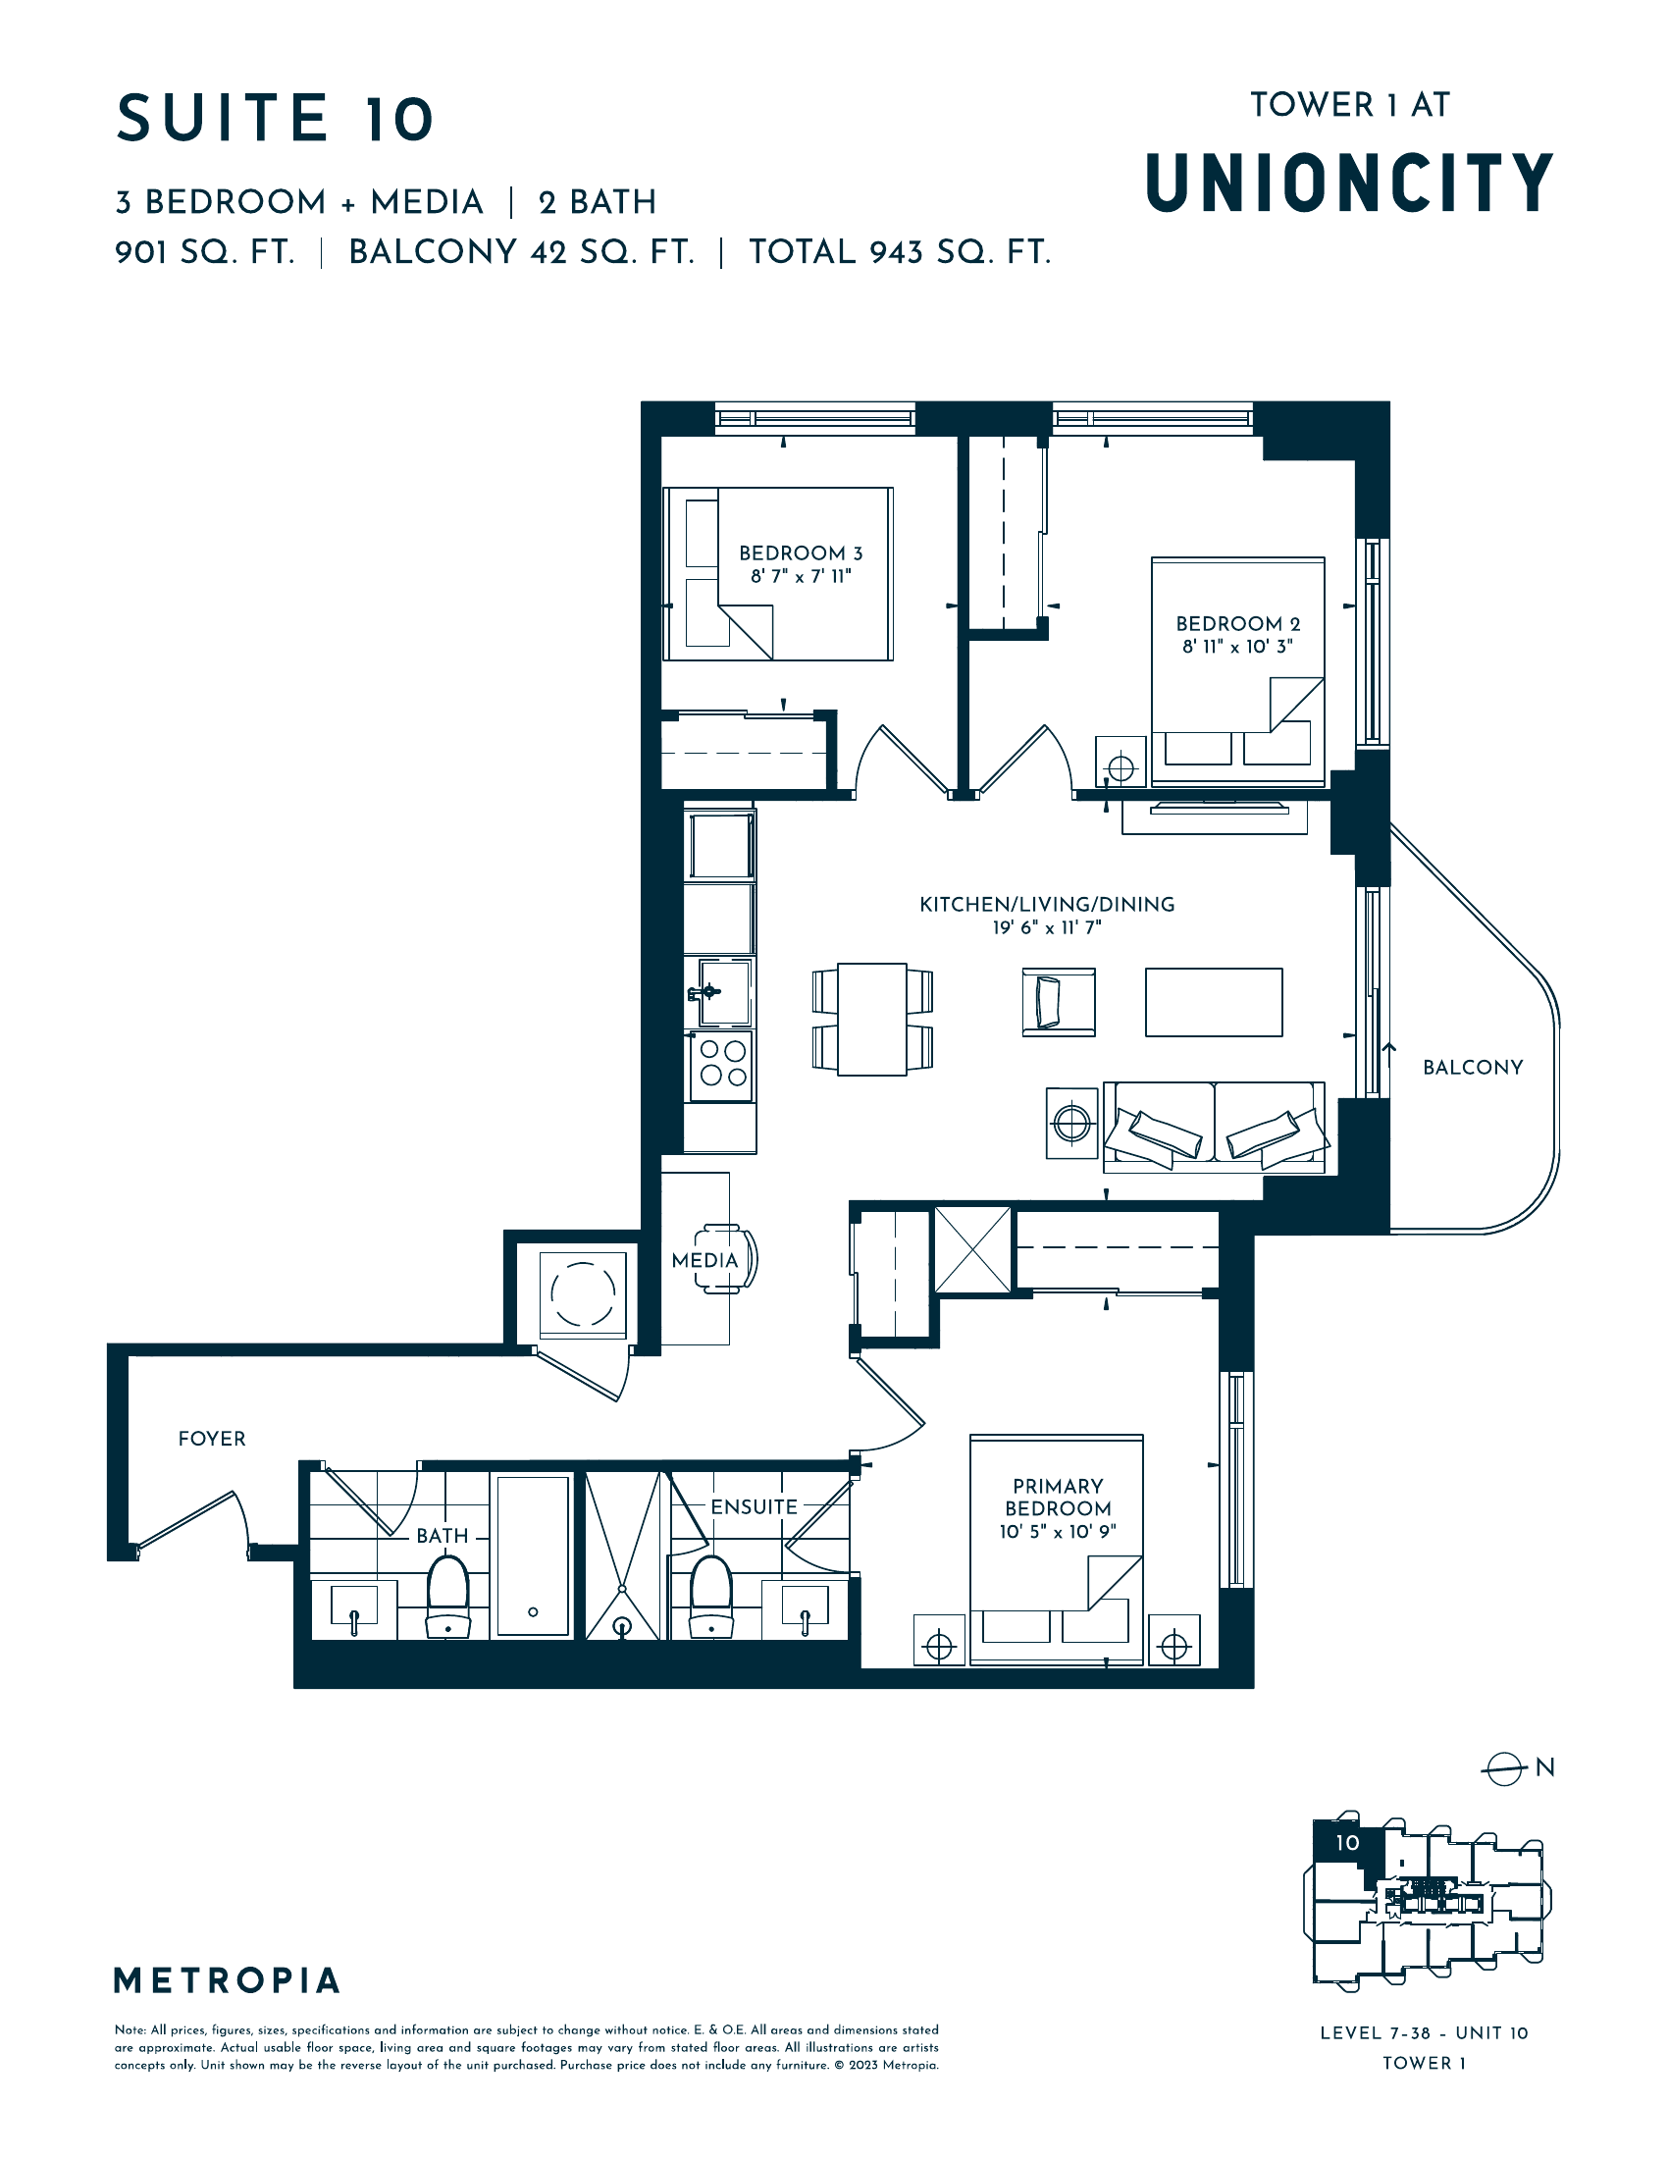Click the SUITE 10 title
pos(275,119)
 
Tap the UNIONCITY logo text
pos(1350,183)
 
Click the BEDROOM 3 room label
pos(801,553)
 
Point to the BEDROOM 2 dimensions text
pos(1237,647)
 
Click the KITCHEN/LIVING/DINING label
pos(1048,905)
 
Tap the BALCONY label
pos(1473,1068)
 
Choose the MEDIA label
pos(704,1260)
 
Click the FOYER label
pos(212,1439)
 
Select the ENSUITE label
pos(754,1506)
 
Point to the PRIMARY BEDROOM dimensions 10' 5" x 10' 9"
pos(1058,1531)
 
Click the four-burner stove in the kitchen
pos(722,1066)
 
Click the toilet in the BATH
pos(447,1596)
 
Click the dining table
pos(872,1020)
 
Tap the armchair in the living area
pos(1059,1001)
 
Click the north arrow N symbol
pos(1517,1767)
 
